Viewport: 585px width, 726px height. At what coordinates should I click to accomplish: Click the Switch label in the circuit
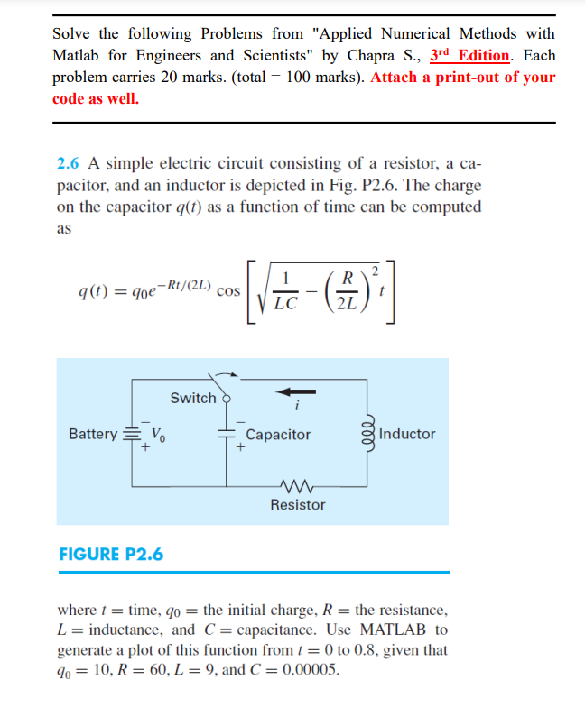(x=192, y=398)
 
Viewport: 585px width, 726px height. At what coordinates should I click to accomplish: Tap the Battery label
(x=93, y=434)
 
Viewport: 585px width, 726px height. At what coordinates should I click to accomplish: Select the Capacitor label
(x=278, y=435)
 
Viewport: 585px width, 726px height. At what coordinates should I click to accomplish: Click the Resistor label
(x=298, y=505)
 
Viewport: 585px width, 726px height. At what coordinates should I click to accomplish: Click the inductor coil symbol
(x=367, y=434)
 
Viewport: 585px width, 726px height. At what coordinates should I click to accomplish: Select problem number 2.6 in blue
(x=69, y=163)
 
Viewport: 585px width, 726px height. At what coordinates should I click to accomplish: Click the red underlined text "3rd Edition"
(x=469, y=55)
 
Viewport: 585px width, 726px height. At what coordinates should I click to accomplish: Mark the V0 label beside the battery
(x=156, y=434)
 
